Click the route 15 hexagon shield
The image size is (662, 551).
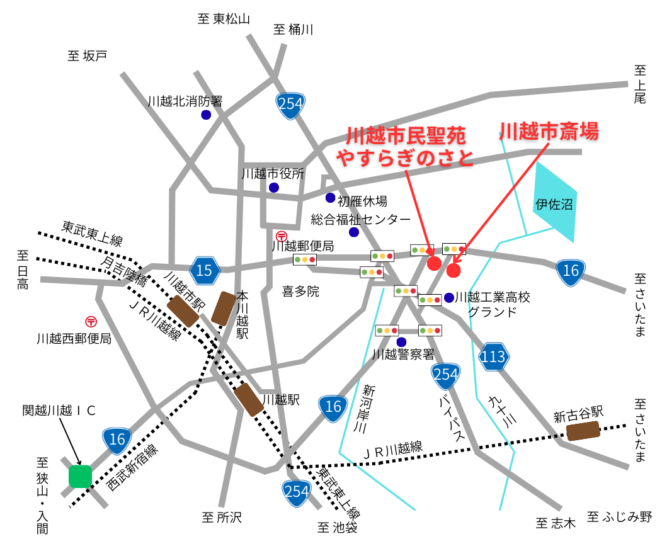click(x=205, y=270)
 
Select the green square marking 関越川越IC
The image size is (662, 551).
click(x=80, y=476)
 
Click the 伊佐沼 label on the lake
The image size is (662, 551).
click(x=554, y=205)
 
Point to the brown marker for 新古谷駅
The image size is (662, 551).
click(x=583, y=431)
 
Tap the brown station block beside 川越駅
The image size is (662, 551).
click(x=249, y=400)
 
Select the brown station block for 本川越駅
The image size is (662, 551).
click(x=224, y=308)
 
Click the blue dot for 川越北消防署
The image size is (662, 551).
click(x=206, y=115)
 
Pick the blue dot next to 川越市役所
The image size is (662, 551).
click(x=274, y=188)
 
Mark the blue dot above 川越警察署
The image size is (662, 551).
click(x=401, y=342)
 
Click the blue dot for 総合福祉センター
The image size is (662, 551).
click(x=354, y=232)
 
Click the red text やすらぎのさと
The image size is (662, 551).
click(x=404, y=157)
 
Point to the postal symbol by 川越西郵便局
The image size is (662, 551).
click(x=91, y=321)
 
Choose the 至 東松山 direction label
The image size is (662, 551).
click(x=224, y=19)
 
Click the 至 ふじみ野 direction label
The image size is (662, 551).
click(x=619, y=518)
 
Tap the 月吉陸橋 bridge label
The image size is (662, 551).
click(x=123, y=266)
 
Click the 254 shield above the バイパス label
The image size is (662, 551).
click(x=446, y=375)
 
